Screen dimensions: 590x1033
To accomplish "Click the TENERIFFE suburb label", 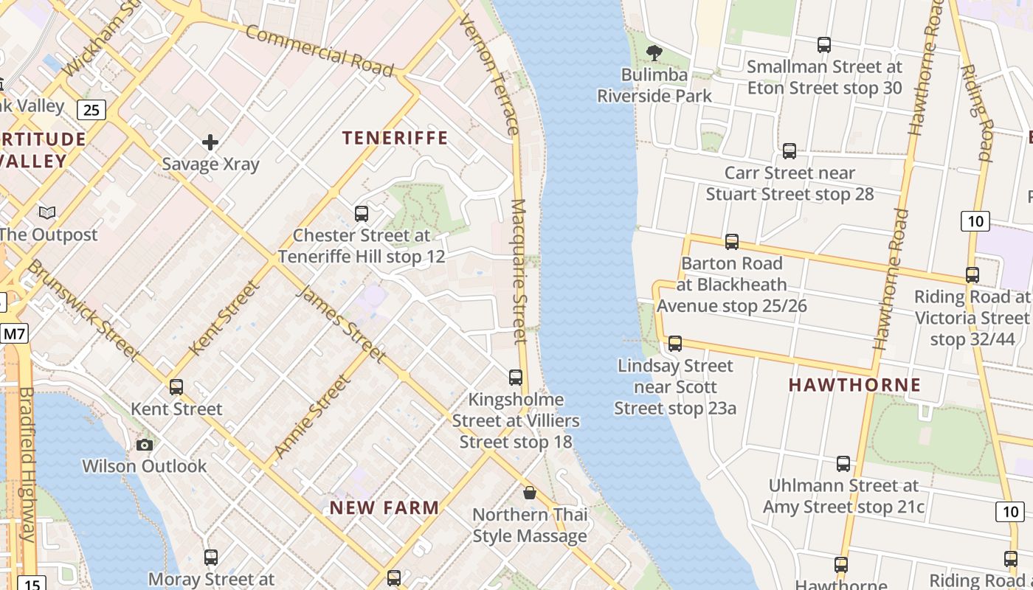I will coord(395,138).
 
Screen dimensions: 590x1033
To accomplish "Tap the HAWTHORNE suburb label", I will coord(854,384).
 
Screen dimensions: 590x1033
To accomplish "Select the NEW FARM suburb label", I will coord(384,507).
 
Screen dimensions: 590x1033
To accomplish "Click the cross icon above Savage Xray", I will coord(210,142).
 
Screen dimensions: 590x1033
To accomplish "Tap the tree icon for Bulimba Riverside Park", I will coord(654,52).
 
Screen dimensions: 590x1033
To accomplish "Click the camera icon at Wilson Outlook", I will coord(145,445).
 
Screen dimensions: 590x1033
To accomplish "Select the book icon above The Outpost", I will coord(47,213).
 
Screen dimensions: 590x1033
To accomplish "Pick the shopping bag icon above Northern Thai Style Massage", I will coord(529,493).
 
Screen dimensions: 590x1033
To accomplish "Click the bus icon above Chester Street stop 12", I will coord(361,214).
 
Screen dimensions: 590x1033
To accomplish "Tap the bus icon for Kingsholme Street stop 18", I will coord(516,378).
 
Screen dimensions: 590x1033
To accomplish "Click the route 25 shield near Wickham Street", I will coord(91,111).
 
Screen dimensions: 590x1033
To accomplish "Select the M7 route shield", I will coord(14,334).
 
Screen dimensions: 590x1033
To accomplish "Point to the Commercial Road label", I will coord(319,50).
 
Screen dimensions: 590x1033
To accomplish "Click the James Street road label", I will coord(341,323).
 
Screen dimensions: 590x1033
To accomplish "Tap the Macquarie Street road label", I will coord(519,271).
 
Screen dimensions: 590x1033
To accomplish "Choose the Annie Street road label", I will coord(311,416).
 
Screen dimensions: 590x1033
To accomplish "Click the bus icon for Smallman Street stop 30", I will coord(824,45).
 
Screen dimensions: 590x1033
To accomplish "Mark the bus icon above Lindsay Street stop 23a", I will coord(674,344).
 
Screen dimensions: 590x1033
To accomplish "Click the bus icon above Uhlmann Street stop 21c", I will coord(843,464).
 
